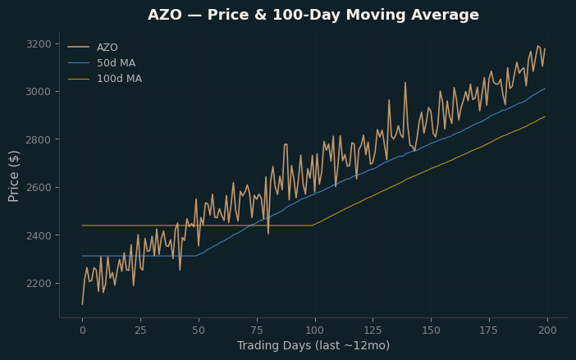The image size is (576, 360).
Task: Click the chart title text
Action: pyautogui.click(x=313, y=15)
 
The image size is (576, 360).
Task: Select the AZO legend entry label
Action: pyautogui.click(x=107, y=48)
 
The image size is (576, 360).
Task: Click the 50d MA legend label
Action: pyautogui.click(x=116, y=63)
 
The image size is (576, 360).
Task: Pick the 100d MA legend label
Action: pyautogui.click(x=120, y=79)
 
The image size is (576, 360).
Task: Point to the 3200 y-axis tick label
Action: pyautogui.click(x=39, y=44)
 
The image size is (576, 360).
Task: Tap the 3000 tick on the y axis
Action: pyautogui.click(x=39, y=91)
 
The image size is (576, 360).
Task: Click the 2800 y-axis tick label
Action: pyautogui.click(x=39, y=139)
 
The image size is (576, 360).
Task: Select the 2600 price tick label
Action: pyautogui.click(x=39, y=188)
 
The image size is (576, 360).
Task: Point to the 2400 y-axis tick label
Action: pyautogui.click(x=39, y=235)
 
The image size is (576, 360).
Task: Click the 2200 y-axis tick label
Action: pyautogui.click(x=39, y=283)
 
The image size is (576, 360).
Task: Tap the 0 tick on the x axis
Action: pyautogui.click(x=83, y=330)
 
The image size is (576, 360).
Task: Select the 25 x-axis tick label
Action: pyautogui.click(x=140, y=330)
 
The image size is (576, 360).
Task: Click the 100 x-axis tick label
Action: pyautogui.click(x=315, y=330)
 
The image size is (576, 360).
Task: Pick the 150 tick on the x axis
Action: pyautogui.click(x=431, y=330)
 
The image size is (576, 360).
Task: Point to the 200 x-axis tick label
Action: pyautogui.click(x=547, y=330)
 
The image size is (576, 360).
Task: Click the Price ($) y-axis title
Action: pyautogui.click(x=13, y=176)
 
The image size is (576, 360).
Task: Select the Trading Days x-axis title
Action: pyautogui.click(x=313, y=346)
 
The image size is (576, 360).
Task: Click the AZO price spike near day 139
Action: pyautogui.click(x=405, y=83)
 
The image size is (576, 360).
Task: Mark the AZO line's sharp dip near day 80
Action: pyautogui.click(x=268, y=234)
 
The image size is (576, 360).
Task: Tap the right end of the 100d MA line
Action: pyautogui.click(x=545, y=116)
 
